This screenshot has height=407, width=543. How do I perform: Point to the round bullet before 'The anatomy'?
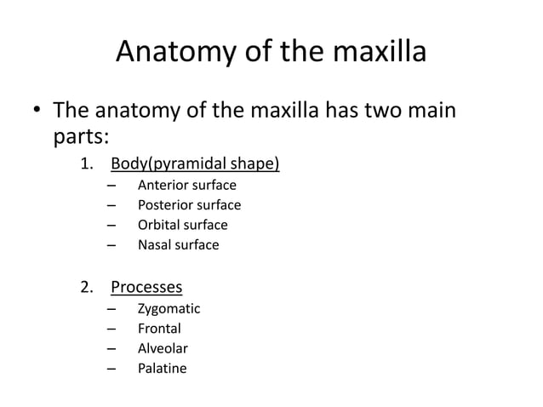[36, 112]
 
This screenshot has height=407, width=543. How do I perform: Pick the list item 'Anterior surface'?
[186, 185]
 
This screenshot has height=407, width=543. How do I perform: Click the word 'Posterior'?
[164, 205]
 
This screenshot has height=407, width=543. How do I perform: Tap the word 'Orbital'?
[159, 225]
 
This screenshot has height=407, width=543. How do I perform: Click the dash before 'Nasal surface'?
[111, 245]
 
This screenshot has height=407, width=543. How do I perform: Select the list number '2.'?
[87, 287]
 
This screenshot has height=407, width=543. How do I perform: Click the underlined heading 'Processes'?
[152, 287]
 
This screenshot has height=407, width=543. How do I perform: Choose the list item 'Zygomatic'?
[169, 308]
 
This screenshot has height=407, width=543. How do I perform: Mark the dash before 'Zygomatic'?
[111, 308]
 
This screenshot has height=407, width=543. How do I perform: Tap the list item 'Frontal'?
[159, 329]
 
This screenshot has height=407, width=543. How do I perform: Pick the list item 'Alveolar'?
[163, 348]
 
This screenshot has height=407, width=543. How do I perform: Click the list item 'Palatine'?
[162, 369]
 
